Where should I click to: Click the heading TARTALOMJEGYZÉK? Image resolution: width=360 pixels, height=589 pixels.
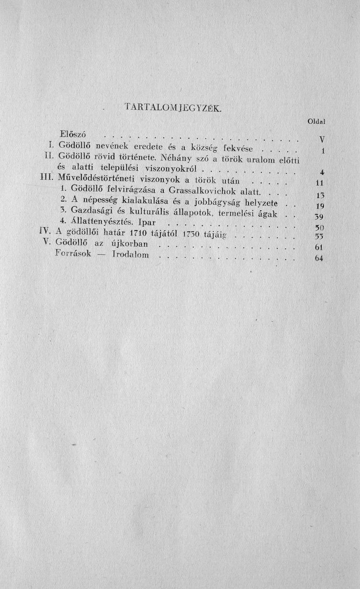pyautogui.click(x=173, y=108)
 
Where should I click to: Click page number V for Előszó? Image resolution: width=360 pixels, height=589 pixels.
pyautogui.click(x=322, y=139)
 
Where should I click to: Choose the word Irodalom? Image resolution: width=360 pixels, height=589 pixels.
pyautogui.click(x=130, y=256)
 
